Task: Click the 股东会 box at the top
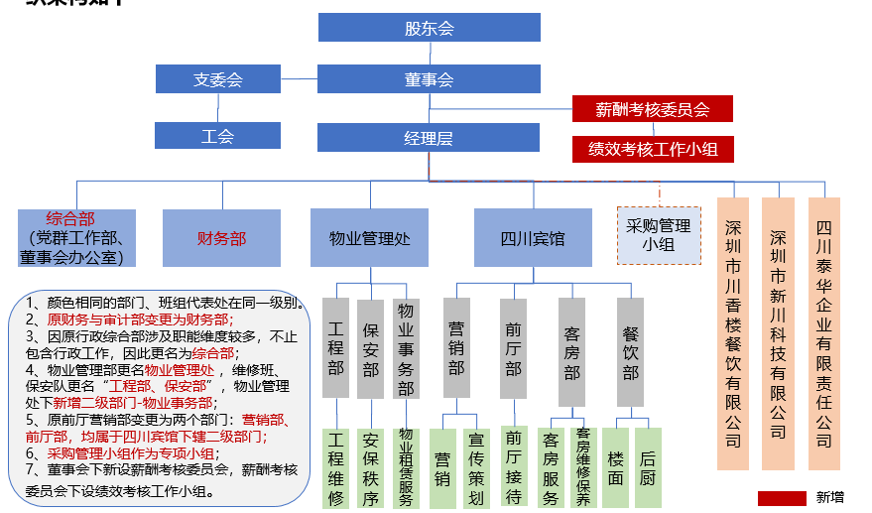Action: pos(429,28)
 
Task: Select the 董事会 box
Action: pos(429,79)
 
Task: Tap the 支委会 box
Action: pos(217,79)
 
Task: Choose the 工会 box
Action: pos(217,136)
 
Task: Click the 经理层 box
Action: pos(429,138)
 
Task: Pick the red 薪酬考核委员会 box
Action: pos(652,109)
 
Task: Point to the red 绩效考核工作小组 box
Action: pos(652,149)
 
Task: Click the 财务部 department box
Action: pos(221,238)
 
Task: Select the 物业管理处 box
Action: pos(369,238)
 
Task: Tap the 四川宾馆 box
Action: pos(533,238)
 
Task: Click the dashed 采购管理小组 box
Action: pos(658,235)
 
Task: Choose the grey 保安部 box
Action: pos(370,347)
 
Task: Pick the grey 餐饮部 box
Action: pos(630,352)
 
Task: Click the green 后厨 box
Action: pos(648,467)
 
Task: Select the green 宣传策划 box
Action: pos(476,467)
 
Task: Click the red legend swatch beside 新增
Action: pos(782,498)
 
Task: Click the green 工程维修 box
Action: pos(336,467)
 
